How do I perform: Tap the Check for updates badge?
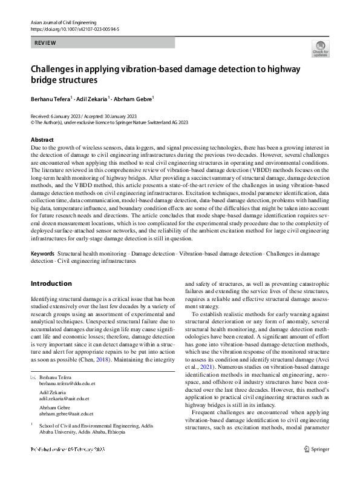pyautogui.click(x=320, y=48)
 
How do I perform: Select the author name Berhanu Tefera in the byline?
pyautogui.click(x=51, y=98)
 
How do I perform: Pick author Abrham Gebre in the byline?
pyautogui.click(x=134, y=98)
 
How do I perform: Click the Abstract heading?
pyautogui.click(x=42, y=140)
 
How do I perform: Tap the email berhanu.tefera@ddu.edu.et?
pyautogui.click(x=67, y=384)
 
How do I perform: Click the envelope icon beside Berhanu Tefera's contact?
pyautogui.click(x=33, y=378)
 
